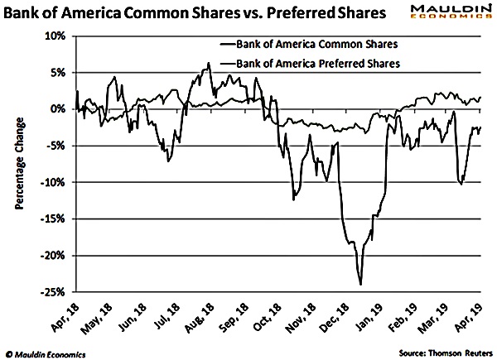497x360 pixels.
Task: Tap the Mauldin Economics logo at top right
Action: coord(452,14)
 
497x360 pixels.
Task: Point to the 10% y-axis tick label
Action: coord(55,36)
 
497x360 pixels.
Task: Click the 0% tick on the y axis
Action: coord(58,109)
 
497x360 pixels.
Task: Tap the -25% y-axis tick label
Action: coord(53,292)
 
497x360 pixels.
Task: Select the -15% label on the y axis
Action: coord(53,219)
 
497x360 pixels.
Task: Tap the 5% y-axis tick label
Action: coord(58,73)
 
